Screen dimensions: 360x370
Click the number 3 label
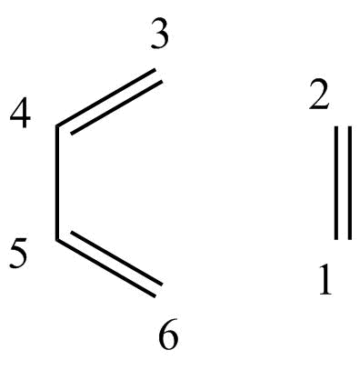point(159,35)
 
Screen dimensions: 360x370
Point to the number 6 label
point(168,337)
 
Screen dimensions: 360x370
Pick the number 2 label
point(319,95)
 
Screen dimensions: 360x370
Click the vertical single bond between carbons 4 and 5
point(57,183)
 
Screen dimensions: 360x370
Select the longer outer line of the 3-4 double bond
point(105,97)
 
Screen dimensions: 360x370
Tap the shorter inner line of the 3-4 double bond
point(116,107)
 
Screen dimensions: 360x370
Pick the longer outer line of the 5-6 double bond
point(105,268)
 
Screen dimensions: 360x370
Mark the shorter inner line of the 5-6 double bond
point(116,258)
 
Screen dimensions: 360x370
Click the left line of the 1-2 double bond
point(336,183)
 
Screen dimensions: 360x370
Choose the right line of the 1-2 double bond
point(350,183)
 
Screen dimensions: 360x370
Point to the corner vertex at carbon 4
point(57,126)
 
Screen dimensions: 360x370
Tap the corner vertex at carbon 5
point(57,240)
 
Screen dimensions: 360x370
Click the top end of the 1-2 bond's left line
point(336,126)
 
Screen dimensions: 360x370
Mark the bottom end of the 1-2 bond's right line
point(350,240)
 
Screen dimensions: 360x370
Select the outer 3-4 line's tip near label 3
point(155,70)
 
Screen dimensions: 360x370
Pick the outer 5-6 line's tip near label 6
point(155,296)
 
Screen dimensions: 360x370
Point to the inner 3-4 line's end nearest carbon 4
point(71,133)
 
